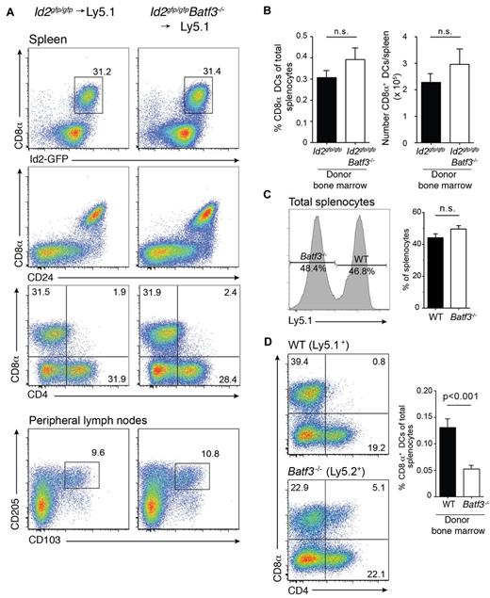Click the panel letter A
tap(8, 10)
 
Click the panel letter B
tap(264, 10)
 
